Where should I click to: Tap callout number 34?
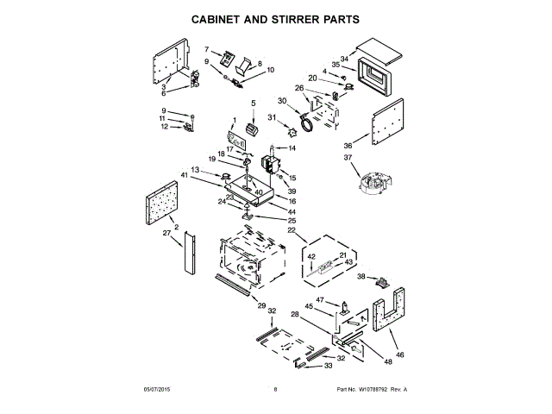coord(344,59)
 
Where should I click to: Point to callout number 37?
coord(348,158)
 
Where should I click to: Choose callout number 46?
coord(399,354)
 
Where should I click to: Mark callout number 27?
coord(166,233)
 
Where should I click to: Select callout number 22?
coord(291,231)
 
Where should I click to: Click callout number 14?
coord(292,148)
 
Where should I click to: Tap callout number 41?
coord(185,175)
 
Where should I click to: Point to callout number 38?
coord(362,277)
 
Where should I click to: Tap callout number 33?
coord(328,367)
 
